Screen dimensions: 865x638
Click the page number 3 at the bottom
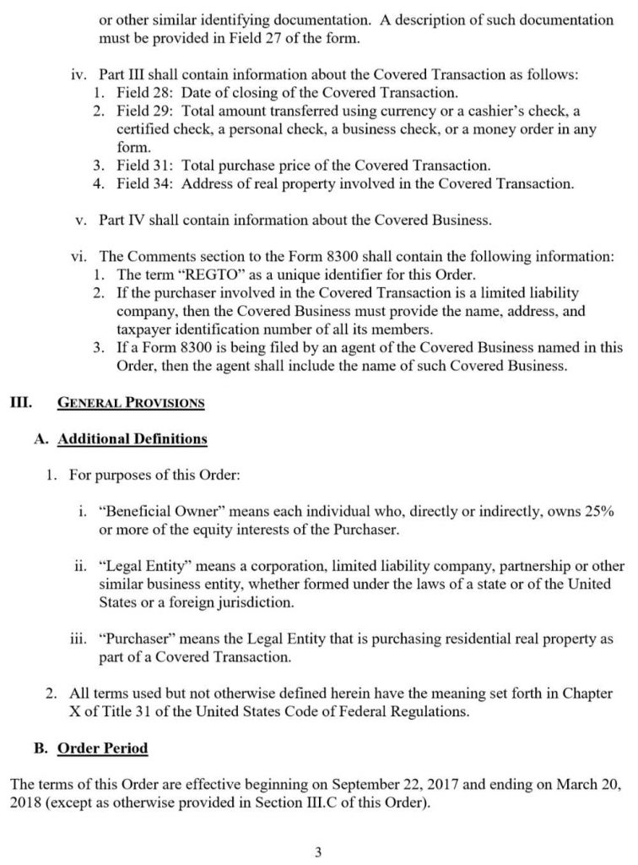click(318, 851)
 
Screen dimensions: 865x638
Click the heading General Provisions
click(130, 402)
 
